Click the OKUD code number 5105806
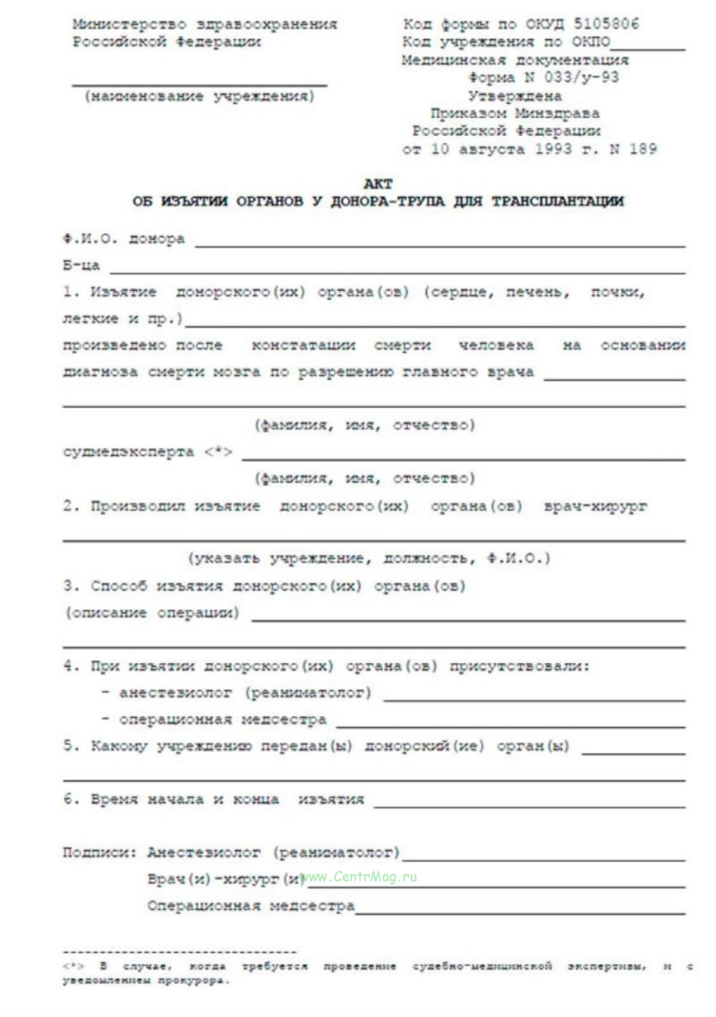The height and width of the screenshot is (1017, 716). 606,24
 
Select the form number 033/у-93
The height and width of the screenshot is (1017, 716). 581,78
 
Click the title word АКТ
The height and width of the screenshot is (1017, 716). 378,184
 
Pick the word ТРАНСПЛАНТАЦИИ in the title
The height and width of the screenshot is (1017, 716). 557,202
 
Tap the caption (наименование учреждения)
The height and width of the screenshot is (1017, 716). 199,97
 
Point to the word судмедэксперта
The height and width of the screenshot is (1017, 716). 128,452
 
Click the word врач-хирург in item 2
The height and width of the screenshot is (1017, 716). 595,507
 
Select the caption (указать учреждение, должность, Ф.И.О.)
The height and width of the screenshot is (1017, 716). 369,559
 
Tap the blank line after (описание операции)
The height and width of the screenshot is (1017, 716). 468,618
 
